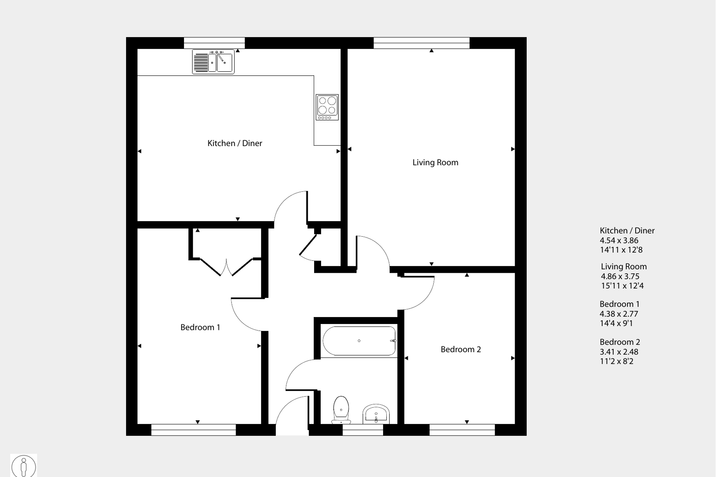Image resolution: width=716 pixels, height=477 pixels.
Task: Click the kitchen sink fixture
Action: click(213, 62)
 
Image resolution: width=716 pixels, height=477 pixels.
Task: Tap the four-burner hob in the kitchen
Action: click(327, 107)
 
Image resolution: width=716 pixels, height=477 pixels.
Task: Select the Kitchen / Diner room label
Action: click(234, 143)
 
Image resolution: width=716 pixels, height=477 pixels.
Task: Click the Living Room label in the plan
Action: click(435, 163)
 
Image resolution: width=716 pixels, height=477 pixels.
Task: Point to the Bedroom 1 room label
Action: click(200, 327)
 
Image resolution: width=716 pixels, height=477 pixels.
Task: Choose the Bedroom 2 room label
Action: click(460, 349)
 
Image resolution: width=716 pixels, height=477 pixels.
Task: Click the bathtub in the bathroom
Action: click(359, 341)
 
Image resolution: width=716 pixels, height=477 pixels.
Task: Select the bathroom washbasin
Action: click(376, 414)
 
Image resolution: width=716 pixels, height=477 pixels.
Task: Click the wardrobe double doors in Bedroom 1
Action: click(226, 267)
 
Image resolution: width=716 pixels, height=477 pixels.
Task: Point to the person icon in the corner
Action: click(24, 466)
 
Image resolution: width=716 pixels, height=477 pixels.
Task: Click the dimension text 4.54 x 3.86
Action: click(619, 241)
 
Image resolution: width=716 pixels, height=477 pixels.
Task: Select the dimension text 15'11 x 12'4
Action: click(622, 286)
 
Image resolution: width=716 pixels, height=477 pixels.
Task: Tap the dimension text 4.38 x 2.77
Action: click(619, 314)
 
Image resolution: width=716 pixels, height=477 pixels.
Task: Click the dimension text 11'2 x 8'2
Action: click(616, 362)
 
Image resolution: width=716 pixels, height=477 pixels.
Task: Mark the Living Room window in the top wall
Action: click(421, 43)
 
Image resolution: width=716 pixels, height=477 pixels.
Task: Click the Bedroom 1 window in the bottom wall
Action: click(194, 430)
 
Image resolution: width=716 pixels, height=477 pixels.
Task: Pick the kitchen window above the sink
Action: click(214, 43)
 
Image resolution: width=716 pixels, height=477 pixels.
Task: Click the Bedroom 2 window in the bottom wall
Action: click(462, 430)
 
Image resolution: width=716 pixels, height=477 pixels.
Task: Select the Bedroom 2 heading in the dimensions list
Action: click(619, 342)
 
